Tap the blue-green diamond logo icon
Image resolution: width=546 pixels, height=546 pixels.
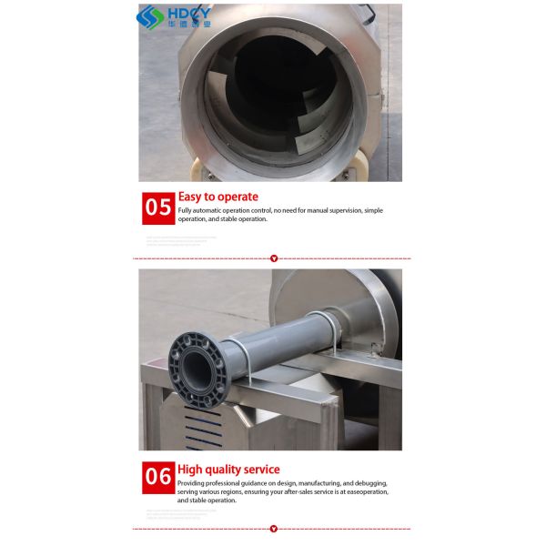(147, 16)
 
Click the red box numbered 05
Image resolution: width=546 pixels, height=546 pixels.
(158, 207)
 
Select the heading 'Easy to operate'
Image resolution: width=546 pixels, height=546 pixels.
(217, 197)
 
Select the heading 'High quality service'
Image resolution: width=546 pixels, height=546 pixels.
(228, 470)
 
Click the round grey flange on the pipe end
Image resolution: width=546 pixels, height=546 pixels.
(196, 369)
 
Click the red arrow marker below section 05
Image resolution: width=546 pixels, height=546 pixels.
(274, 258)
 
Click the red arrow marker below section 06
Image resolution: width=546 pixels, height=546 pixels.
(274, 529)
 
